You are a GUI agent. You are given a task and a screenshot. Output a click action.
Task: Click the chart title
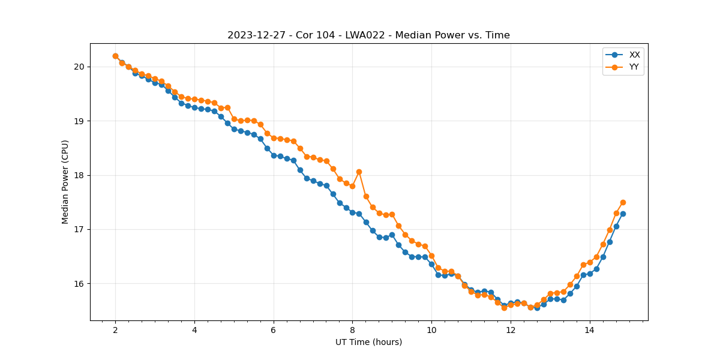(x=368, y=35)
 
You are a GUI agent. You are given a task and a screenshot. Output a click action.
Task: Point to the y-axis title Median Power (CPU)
(x=65, y=182)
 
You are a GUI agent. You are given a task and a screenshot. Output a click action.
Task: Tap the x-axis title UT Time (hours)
(x=368, y=342)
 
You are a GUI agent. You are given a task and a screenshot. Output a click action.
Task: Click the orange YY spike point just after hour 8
(x=359, y=172)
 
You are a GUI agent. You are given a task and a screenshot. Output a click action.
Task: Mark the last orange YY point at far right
(x=623, y=202)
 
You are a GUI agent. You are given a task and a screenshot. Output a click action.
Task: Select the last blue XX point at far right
(x=623, y=214)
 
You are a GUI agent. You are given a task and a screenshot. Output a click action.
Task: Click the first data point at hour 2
(x=115, y=56)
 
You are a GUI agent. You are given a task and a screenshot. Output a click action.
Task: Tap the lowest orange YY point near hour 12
(x=504, y=308)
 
